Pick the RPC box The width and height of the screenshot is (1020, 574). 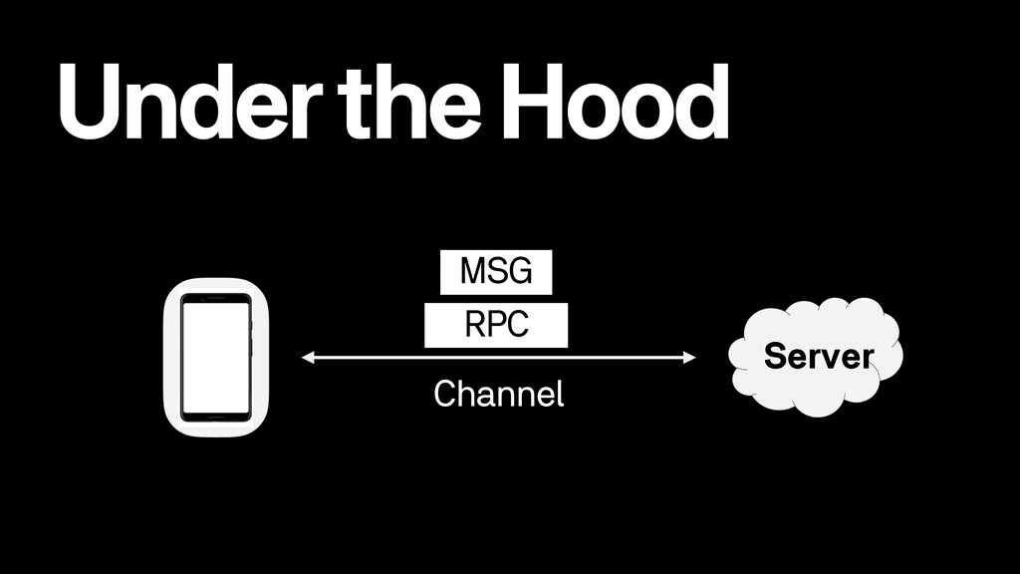tap(496, 326)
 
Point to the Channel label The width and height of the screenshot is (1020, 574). tap(499, 395)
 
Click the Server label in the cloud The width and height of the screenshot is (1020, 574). tap(818, 355)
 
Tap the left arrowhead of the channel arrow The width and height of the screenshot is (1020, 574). tap(307, 356)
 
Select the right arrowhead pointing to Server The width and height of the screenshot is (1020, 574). tap(688, 356)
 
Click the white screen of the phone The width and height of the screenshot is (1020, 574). tap(215, 357)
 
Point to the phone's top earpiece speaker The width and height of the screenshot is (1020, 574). tap(215, 298)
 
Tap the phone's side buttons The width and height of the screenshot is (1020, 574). tap(252, 329)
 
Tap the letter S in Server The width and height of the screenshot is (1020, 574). tap(771, 355)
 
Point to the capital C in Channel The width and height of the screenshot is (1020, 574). tap(444, 395)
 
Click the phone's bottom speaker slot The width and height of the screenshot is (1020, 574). tap(215, 417)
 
